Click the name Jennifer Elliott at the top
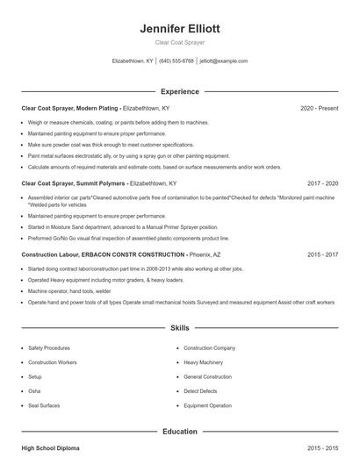pyautogui.click(x=180, y=28)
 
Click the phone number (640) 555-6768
pyautogui.click(x=176, y=61)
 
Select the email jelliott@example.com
pyautogui.click(x=224, y=61)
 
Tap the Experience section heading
pyautogui.click(x=180, y=91)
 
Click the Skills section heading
pyautogui.click(x=180, y=328)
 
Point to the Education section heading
pyautogui.click(x=180, y=432)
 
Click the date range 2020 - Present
pyautogui.click(x=319, y=108)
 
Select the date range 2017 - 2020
pyautogui.click(x=322, y=183)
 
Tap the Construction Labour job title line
pyautogui.click(x=115, y=254)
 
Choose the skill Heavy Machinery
pyautogui.click(x=203, y=362)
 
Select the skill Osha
pyautogui.click(x=34, y=391)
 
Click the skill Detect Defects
pyautogui.click(x=201, y=391)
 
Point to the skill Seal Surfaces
pyautogui.click(x=45, y=405)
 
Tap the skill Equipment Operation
pyautogui.click(x=208, y=405)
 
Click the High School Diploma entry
pyautogui.click(x=51, y=448)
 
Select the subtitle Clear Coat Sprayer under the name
pyautogui.click(x=180, y=42)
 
